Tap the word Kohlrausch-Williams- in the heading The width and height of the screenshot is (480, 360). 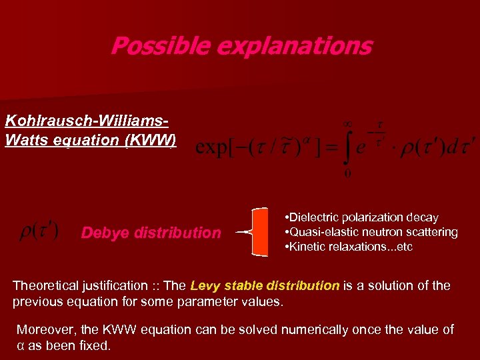point(86,121)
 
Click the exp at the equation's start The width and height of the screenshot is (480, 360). point(214,147)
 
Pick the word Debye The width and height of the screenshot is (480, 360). point(105,233)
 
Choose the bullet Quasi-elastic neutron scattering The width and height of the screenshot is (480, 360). point(371,232)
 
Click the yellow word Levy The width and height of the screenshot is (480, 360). point(205,286)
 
